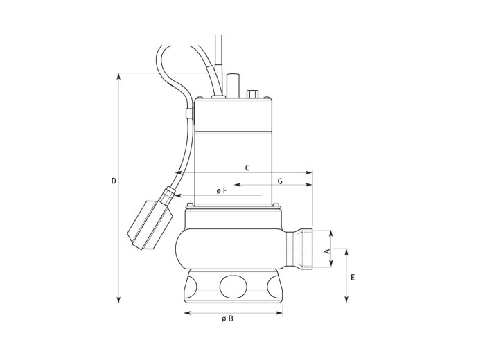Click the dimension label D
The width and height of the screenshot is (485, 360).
114,181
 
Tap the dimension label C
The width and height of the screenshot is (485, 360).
247,168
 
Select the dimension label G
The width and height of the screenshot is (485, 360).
280,181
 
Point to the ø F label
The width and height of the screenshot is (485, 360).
222,191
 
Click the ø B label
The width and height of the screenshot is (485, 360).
227,318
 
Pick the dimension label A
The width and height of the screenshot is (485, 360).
327,251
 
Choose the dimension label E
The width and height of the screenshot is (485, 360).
353,278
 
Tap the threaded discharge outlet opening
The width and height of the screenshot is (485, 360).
306,249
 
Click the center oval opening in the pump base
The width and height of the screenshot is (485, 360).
233,287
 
